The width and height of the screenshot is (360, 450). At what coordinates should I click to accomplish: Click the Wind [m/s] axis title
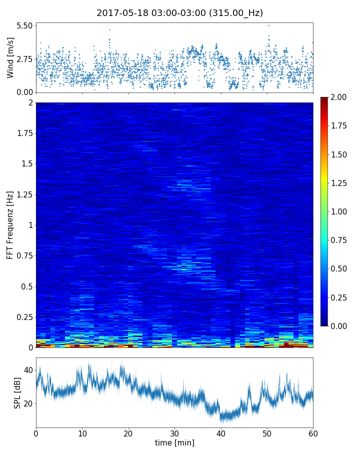10,57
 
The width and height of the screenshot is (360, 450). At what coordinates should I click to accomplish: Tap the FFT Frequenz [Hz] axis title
10,225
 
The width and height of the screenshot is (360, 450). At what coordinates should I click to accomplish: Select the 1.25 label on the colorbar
340,183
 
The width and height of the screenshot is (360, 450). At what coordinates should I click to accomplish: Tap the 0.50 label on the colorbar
340,269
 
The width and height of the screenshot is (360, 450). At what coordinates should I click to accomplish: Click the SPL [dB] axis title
17,392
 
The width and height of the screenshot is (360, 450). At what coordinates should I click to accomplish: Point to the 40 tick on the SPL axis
27,370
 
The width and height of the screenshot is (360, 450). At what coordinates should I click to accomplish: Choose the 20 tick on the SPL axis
27,404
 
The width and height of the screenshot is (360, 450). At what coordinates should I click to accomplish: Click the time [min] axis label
174,443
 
